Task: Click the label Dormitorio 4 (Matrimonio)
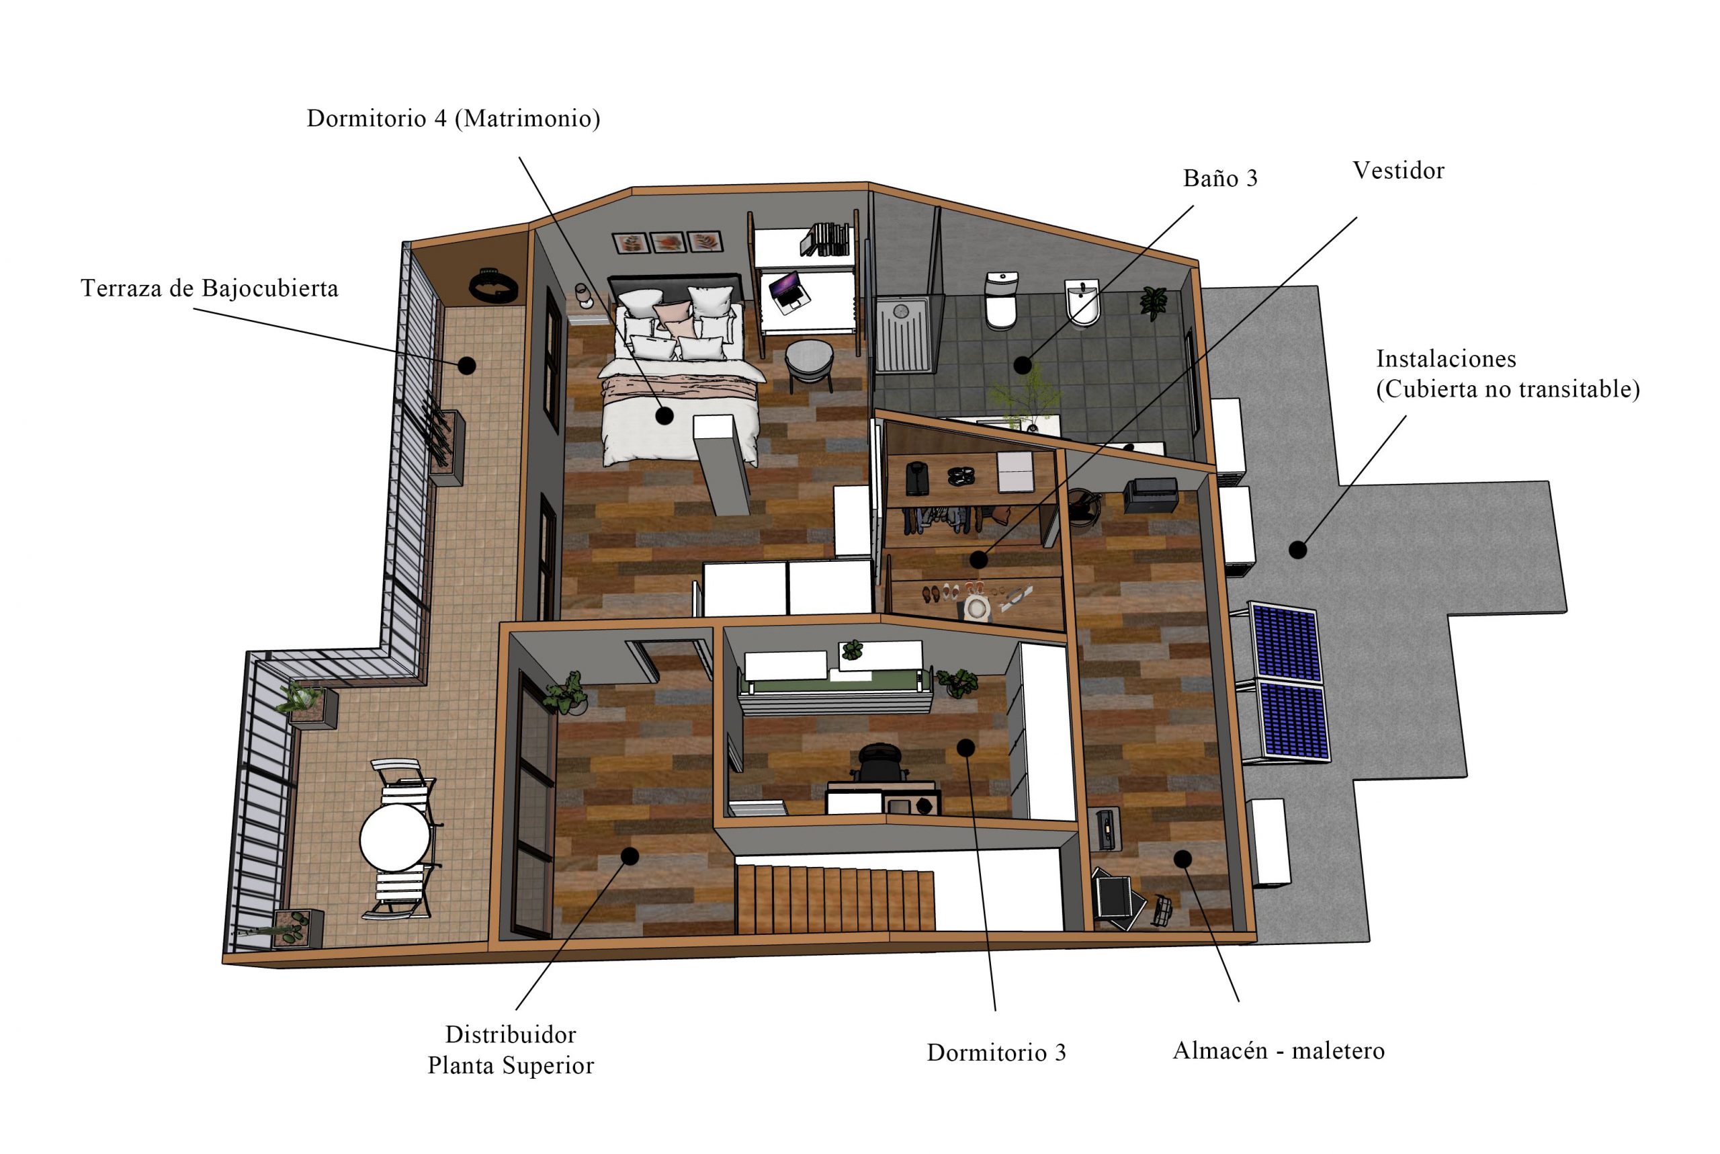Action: [x=453, y=118]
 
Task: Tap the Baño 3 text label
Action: [x=1219, y=178]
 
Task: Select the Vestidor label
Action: [x=1397, y=171]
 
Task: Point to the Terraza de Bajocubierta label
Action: [x=210, y=288]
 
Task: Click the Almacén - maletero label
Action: [x=1279, y=1050]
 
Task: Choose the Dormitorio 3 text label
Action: [x=996, y=1053]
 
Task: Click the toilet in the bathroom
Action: [x=1001, y=300]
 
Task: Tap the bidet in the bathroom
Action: [x=1082, y=302]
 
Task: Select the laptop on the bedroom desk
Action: [x=789, y=290]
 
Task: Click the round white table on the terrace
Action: [x=395, y=837]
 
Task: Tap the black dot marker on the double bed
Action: [x=664, y=416]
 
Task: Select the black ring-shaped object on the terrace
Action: [x=494, y=284]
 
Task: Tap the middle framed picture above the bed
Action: [x=668, y=242]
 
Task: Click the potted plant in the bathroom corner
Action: [x=1153, y=302]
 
